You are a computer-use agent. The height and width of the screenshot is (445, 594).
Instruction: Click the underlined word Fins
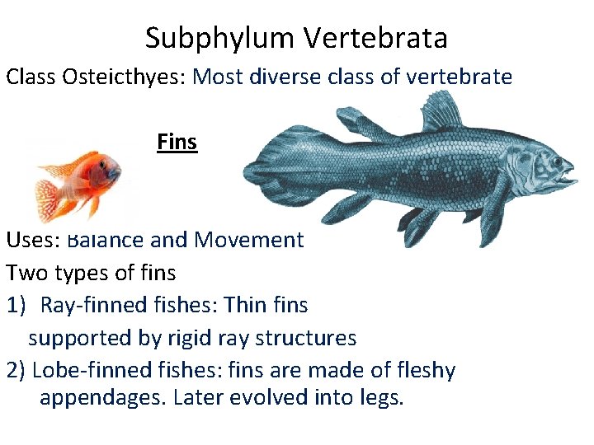click(x=177, y=143)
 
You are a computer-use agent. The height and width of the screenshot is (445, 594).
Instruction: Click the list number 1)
click(x=20, y=305)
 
